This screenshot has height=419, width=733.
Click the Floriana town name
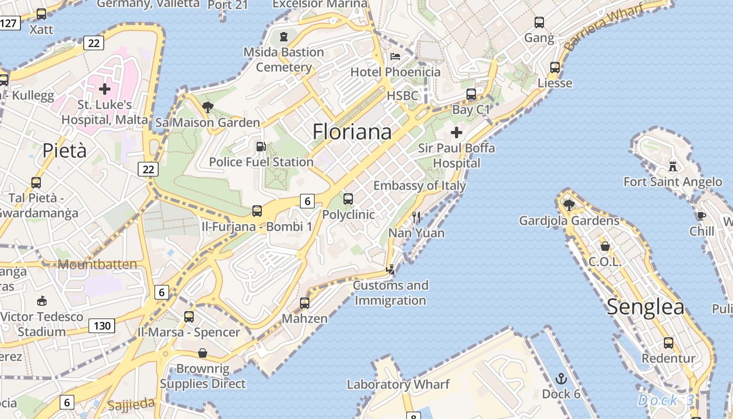pos(352,131)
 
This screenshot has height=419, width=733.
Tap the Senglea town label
pos(645,307)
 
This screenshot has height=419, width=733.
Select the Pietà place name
pos(64,151)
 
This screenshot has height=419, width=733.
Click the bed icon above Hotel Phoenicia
pos(395,57)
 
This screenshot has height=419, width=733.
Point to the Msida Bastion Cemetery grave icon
pos(283,37)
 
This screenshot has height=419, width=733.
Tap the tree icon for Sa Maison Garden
pos(207,107)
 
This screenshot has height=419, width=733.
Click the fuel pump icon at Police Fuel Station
pos(260,147)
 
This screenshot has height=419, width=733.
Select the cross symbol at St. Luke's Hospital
pos(105,89)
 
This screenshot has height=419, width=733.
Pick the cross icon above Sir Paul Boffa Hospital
pos(457,133)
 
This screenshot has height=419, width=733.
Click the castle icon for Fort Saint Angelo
pos(673,167)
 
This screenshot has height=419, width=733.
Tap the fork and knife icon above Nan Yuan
pos(416,217)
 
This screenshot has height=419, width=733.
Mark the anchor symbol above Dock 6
pos(561,378)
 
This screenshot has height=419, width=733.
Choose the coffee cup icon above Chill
pos(702,215)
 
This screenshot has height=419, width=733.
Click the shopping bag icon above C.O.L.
pos(605,246)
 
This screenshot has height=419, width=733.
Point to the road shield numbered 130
pos(102,326)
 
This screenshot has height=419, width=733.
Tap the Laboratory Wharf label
pos(398,384)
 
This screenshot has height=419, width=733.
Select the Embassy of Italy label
pos(419,185)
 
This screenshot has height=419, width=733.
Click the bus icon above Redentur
pos(668,343)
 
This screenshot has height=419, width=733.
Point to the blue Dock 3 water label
pos(666,401)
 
